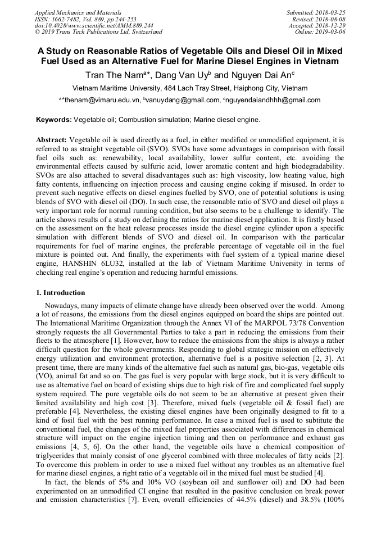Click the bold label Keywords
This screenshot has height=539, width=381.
[54, 120]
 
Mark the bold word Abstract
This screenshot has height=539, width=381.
[51, 139]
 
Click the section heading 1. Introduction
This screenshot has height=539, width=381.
[61, 292]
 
